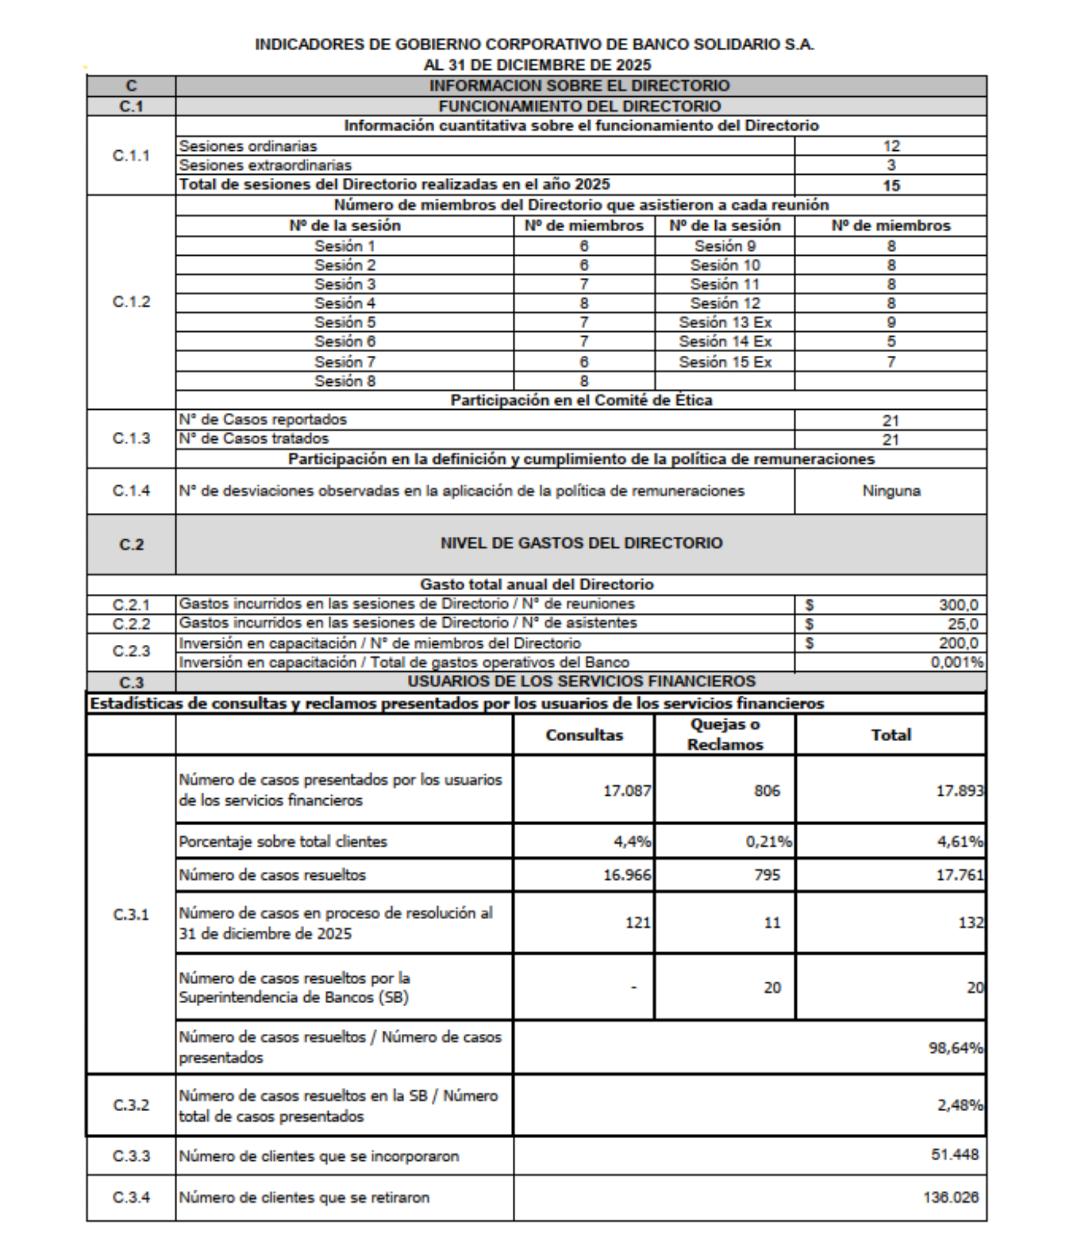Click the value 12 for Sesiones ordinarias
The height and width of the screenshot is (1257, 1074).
coord(890,146)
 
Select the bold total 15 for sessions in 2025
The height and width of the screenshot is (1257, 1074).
coord(890,185)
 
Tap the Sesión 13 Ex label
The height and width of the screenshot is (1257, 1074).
coord(725,322)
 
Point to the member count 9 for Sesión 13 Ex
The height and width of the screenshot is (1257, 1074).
coord(890,322)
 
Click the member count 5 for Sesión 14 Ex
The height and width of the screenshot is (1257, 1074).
coord(890,341)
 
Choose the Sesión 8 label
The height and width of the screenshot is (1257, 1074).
coord(344,381)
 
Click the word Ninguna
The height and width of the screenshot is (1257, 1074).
coord(890,491)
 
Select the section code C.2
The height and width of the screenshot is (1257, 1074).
coord(131,544)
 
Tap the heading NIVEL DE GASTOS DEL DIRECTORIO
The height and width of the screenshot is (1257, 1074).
coord(581,543)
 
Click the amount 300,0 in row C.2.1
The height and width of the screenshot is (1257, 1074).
coord(958,605)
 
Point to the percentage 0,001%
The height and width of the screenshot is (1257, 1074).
coord(956,662)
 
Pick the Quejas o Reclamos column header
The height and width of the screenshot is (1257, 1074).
coord(725,734)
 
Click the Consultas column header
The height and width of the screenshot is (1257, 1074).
coord(584,735)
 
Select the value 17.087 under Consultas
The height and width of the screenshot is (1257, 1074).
coord(627,791)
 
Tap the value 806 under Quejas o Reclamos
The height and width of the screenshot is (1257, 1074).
coord(767,791)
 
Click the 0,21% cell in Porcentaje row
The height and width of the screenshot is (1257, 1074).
coord(768,842)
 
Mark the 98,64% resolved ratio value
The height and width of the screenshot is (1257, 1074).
coord(955,1048)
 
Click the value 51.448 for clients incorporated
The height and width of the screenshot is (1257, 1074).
coord(955,1155)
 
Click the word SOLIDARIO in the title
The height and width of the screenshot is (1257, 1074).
coord(735,45)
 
